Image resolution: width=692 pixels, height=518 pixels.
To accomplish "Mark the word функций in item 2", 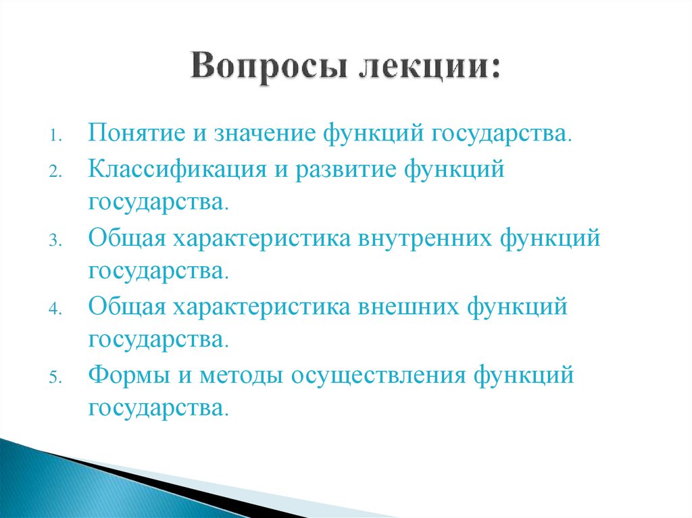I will [455, 169].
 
